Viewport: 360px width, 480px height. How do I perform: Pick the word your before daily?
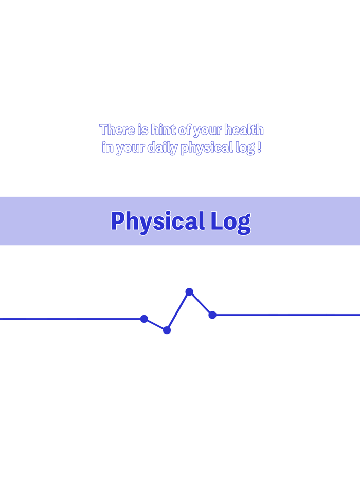[x=131, y=149]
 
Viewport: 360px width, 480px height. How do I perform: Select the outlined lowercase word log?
[x=245, y=148]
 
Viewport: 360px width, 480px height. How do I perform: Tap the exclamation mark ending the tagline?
[x=259, y=147]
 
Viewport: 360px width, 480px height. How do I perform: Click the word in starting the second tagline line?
[x=107, y=147]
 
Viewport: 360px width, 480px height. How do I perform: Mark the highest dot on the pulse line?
[x=189, y=292]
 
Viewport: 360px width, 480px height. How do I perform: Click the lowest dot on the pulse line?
[x=167, y=330]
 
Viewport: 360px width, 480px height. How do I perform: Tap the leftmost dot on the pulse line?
[x=144, y=319]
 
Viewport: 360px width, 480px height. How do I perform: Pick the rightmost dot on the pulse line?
[x=212, y=315]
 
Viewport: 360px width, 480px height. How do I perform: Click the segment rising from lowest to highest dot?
[x=178, y=311]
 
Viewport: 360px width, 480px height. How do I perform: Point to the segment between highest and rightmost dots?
[x=201, y=303]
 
